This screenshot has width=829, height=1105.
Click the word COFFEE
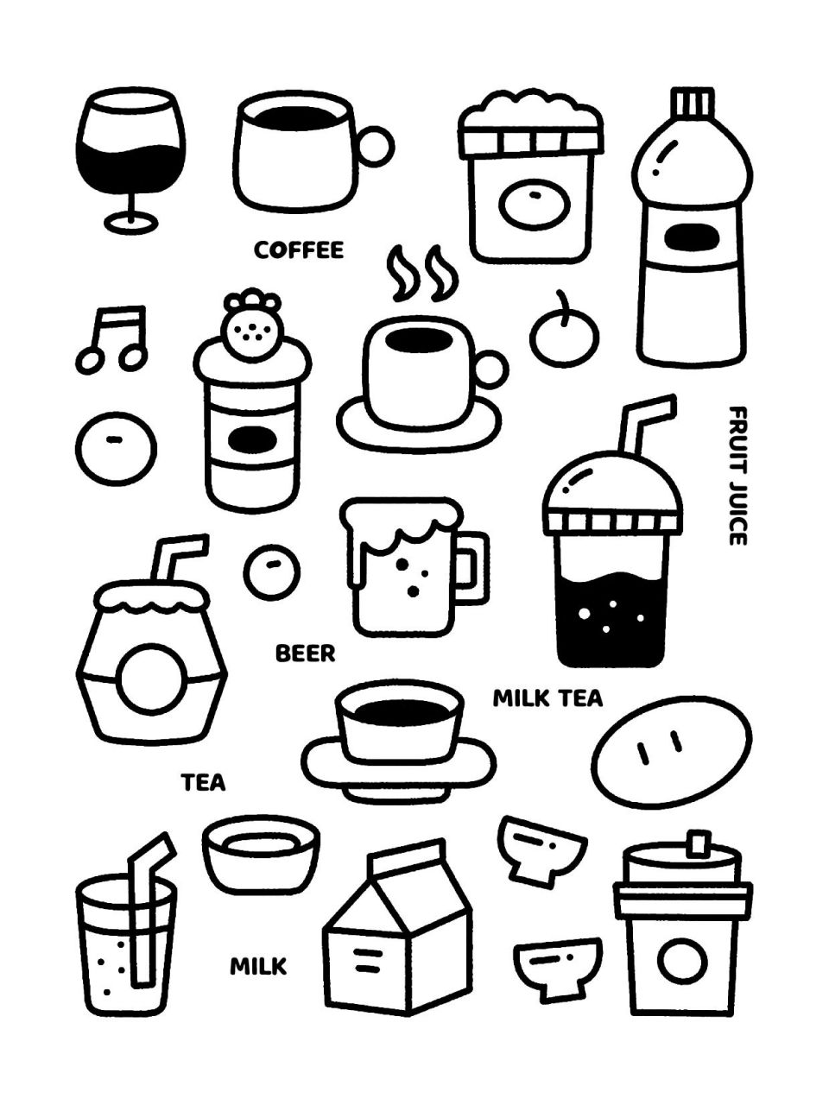point(299,250)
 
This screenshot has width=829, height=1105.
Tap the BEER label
point(305,654)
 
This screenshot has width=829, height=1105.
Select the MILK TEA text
point(547,698)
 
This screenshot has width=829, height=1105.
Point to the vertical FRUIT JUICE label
point(737,475)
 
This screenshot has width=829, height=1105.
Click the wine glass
point(130,155)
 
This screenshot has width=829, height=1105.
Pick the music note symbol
point(113,338)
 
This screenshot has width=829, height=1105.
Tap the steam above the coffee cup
point(422,274)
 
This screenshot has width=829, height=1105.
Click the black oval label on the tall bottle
point(689,236)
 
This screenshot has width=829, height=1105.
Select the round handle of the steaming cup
point(490,369)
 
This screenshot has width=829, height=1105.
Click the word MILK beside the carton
point(258,966)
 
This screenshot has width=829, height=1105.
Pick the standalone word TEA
point(204,783)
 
